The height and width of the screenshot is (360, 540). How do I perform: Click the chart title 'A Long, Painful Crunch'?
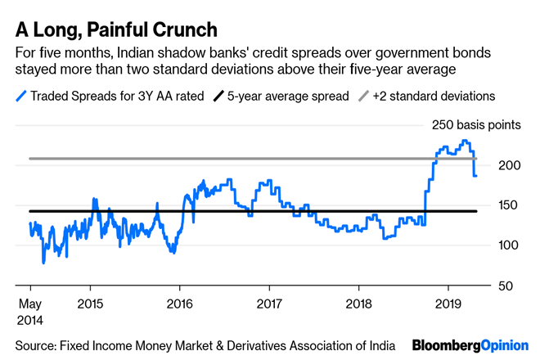coord(115,30)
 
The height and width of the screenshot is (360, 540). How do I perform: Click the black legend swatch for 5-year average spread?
coord(216,96)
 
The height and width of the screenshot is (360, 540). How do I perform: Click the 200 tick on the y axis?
coord(509,165)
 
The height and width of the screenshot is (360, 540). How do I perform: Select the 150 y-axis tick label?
coord(509,205)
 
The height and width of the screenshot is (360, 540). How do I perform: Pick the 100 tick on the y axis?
coord(509,245)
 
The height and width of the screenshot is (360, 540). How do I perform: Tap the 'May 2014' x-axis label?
coord(29,312)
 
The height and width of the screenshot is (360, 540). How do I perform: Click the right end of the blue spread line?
coord(476,175)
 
